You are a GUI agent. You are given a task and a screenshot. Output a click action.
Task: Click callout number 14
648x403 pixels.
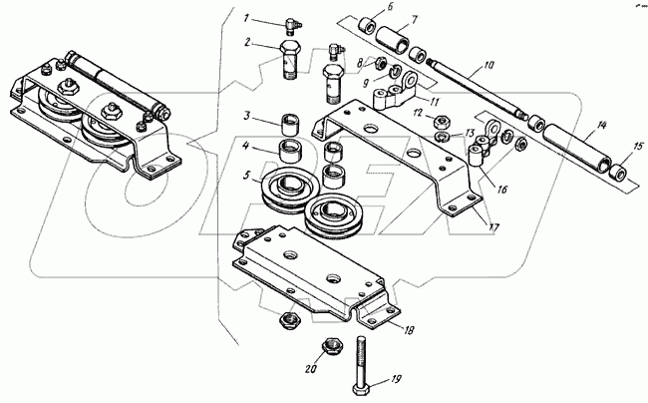click(601, 128)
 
